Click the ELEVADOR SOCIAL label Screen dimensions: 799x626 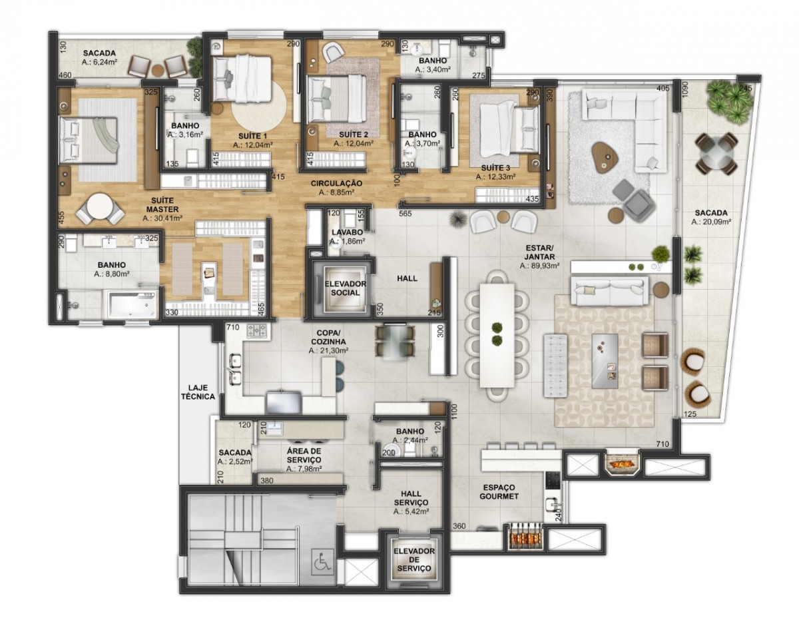(345, 288)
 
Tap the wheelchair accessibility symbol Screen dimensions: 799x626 (323, 561)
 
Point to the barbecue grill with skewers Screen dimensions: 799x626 (525, 537)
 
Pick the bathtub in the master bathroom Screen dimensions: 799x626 (133, 304)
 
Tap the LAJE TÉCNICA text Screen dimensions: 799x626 (198, 392)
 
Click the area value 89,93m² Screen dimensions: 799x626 (539, 266)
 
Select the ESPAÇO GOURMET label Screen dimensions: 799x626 (499, 492)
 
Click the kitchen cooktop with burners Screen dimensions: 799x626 (259, 331)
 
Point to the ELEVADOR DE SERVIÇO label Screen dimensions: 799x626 (414, 560)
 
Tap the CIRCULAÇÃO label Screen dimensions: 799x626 (336, 183)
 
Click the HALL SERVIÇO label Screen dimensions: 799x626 (411, 498)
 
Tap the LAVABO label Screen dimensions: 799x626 (347, 232)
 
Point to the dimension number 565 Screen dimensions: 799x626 (405, 214)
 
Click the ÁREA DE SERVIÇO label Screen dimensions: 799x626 (304, 456)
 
